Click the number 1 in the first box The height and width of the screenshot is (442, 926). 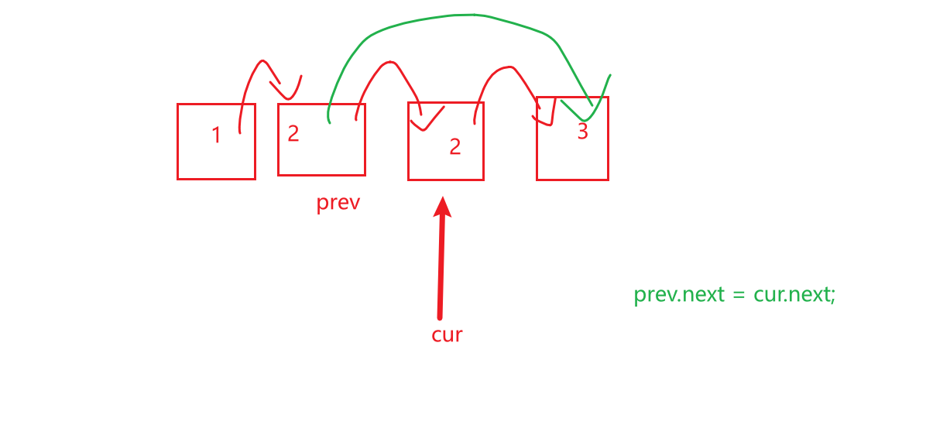217,135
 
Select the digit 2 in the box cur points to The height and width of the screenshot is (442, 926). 455,146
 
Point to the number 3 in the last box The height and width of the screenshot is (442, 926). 582,132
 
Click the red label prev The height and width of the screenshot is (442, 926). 338,204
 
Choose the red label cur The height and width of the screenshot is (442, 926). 447,334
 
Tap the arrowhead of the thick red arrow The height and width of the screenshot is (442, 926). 443,207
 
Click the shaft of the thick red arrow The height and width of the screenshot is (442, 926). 441,271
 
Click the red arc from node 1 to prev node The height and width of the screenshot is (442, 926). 256,70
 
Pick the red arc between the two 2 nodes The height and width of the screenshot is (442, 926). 385,66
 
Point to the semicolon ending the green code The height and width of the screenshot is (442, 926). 833,296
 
